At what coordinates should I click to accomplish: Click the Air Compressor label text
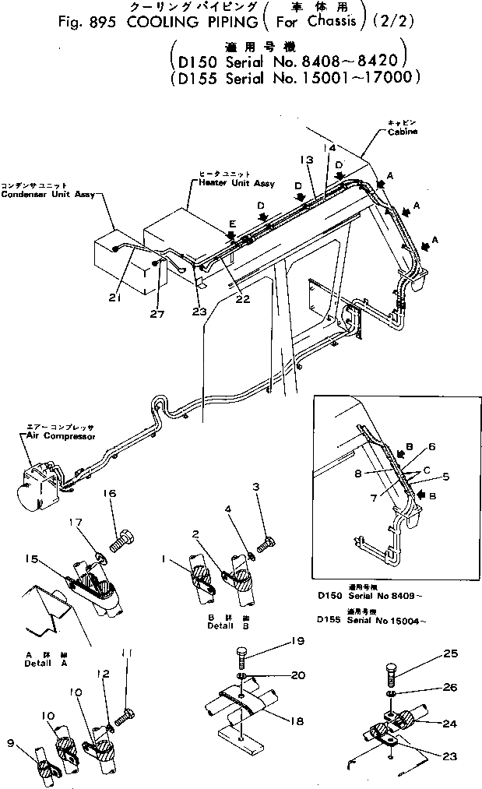tap(55, 437)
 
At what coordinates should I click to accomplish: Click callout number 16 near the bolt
tap(109, 494)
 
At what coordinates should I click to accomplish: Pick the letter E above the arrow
tap(231, 222)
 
